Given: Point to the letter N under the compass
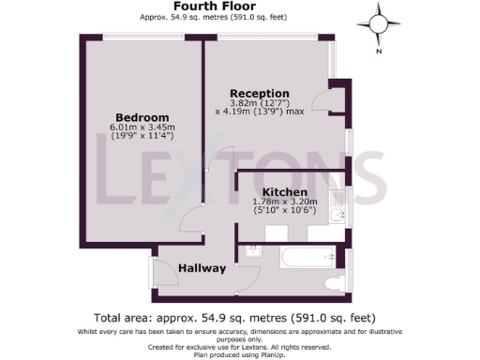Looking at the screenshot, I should [379, 52].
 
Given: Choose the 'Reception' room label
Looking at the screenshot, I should [260, 93].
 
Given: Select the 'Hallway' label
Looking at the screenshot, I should [202, 268].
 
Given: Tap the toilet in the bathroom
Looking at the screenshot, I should [331, 281].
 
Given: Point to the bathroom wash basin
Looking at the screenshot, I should [251, 251].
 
